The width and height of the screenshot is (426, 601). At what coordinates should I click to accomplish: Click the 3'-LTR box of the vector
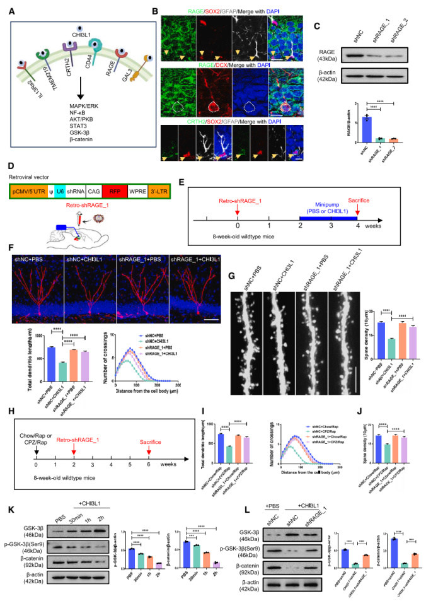173,189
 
